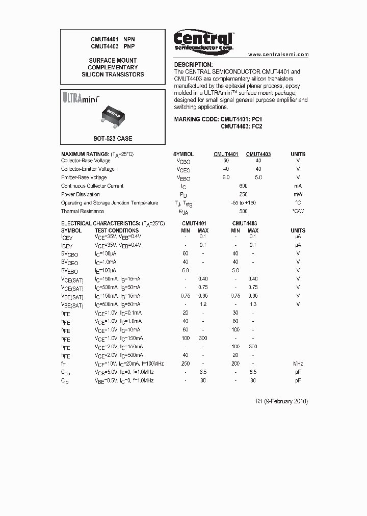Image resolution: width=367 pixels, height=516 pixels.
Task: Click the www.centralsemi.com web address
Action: tap(278, 55)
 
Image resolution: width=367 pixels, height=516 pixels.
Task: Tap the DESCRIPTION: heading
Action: tap(193, 65)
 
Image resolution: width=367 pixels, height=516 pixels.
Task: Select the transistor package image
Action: tap(117, 113)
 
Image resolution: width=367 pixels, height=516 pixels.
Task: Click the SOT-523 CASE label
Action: tap(112, 138)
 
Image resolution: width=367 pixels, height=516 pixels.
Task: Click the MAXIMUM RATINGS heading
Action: tap(97, 154)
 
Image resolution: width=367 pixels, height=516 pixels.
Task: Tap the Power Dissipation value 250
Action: tap(243, 194)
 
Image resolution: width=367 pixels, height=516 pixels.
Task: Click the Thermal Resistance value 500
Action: tap(243, 211)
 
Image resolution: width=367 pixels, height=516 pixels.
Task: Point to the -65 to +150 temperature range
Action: tap(243, 203)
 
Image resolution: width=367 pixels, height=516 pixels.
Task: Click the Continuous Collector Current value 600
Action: tap(243, 186)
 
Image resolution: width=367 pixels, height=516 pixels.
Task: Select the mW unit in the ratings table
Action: tap(298, 194)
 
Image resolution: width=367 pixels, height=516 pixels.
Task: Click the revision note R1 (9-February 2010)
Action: tap(281, 401)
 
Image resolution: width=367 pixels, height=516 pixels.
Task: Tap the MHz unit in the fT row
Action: tap(298, 364)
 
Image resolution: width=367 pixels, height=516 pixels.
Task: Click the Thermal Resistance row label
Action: tap(83, 211)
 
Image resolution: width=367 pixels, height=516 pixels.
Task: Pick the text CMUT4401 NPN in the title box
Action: tap(113, 39)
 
